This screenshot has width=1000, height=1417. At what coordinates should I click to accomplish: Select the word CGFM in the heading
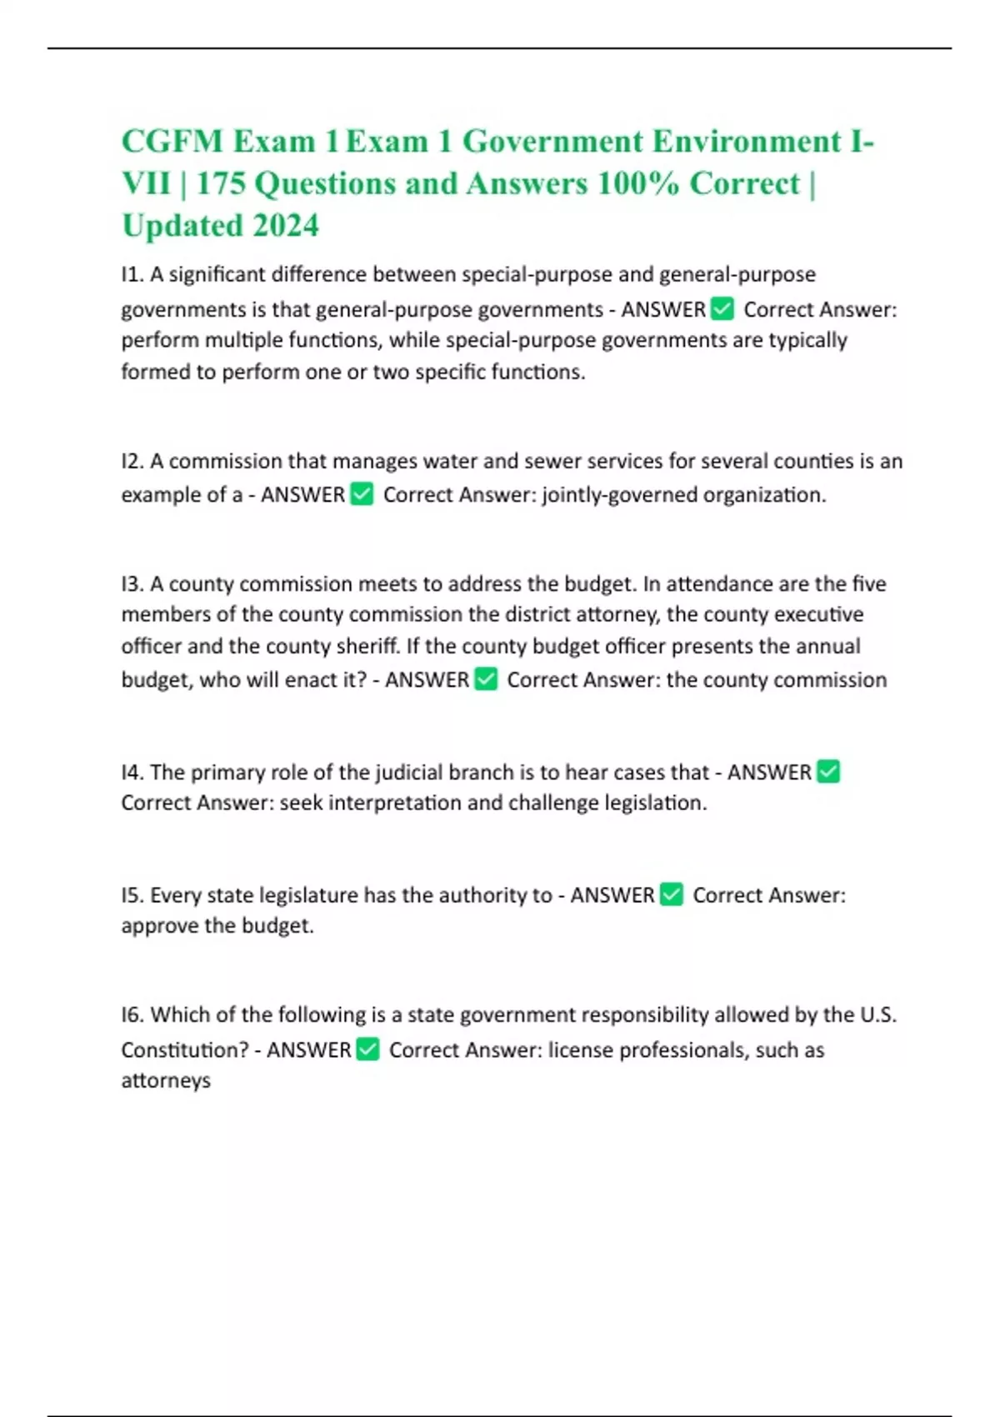[172, 142]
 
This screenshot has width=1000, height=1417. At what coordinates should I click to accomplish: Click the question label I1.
[132, 274]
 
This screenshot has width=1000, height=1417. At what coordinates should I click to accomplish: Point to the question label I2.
[132, 461]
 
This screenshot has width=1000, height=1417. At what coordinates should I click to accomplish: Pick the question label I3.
[132, 583]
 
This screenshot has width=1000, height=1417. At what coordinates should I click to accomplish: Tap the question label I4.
[132, 772]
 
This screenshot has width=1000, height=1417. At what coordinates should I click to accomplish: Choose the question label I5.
[132, 895]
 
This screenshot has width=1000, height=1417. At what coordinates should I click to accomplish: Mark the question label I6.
[132, 1014]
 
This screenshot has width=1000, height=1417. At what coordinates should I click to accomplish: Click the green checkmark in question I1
[722, 309]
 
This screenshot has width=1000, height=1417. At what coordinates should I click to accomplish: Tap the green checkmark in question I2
[362, 494]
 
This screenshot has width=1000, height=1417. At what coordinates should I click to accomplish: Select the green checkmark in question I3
[486, 679]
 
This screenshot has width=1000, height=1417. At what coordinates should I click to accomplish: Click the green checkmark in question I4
[828, 772]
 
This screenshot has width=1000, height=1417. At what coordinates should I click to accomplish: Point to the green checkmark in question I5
[671, 895]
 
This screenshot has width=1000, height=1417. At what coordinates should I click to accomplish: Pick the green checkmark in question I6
[367, 1049]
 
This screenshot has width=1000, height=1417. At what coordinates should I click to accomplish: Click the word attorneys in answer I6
[166, 1081]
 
